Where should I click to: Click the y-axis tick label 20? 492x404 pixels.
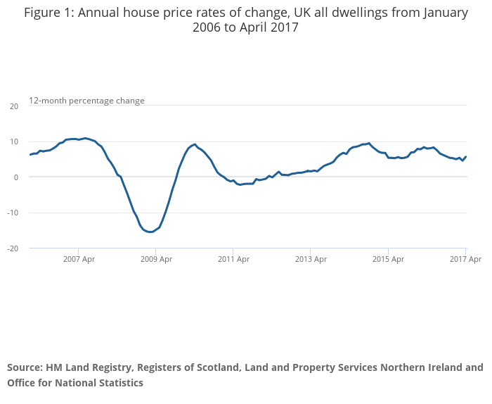(x=13, y=106)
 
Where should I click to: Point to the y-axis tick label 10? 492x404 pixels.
(x=13, y=141)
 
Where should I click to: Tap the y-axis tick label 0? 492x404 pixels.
(x=15, y=177)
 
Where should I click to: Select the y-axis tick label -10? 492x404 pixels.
(x=12, y=213)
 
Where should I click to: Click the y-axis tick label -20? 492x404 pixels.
(x=12, y=248)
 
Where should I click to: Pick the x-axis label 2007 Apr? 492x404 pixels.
(x=78, y=259)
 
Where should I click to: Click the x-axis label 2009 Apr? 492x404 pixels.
(x=155, y=259)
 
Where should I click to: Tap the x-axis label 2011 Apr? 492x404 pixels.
(x=233, y=259)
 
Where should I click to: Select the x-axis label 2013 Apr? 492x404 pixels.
(x=310, y=259)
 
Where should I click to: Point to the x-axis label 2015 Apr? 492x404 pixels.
(x=387, y=259)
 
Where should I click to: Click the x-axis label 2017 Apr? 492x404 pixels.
(x=465, y=259)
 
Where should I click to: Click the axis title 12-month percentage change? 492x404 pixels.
(x=86, y=101)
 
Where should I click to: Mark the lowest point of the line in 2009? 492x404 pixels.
(x=151, y=232)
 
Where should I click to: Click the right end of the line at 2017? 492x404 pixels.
(x=466, y=157)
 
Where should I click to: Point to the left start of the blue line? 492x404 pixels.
(x=30, y=154)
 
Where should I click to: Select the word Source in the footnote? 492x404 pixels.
(x=25, y=367)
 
